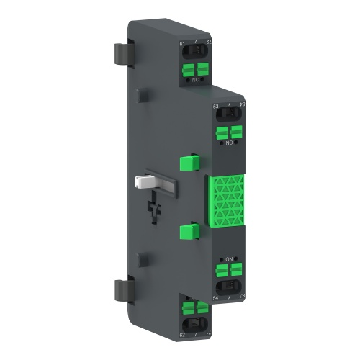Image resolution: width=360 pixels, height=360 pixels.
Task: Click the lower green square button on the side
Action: pyautogui.click(x=189, y=231)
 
